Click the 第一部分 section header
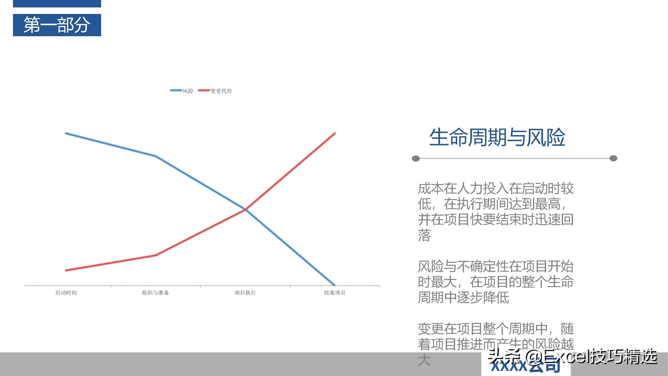[x=57, y=25]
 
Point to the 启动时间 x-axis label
[x=66, y=293]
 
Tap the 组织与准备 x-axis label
[x=155, y=293]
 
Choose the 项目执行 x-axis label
[x=245, y=293]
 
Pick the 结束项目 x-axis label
[x=334, y=293]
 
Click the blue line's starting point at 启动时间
[x=66, y=133]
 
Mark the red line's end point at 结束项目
[x=335, y=133]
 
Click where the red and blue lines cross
[x=245, y=209]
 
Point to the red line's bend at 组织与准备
[x=155, y=255]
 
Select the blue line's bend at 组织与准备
[x=155, y=156]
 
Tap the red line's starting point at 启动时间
[x=66, y=270]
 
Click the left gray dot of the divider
[x=416, y=158]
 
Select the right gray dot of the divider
[x=613, y=158]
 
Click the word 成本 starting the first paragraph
[x=431, y=188]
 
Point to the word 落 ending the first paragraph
[x=424, y=235]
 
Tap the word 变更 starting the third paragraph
[x=431, y=329]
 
